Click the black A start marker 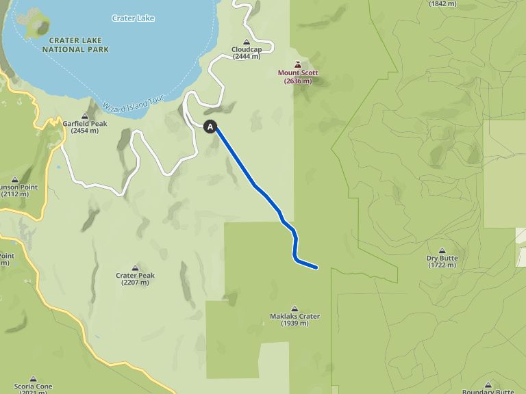pos(210,127)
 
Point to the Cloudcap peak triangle pos(247,41)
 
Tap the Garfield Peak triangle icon pos(85,116)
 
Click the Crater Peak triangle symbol pos(135,267)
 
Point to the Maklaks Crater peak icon pos(295,308)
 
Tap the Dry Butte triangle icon pos(442,250)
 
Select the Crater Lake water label pos(133,18)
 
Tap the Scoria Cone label pos(34,386)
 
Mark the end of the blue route pos(316,267)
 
